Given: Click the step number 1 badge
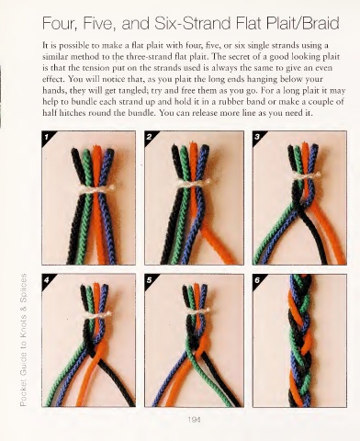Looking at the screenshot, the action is pyautogui.click(x=47, y=136).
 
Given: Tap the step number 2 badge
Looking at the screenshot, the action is pyautogui.click(x=150, y=136).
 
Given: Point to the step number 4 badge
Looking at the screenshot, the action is pyautogui.click(x=47, y=279).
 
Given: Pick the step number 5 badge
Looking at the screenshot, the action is pyautogui.click(x=150, y=279).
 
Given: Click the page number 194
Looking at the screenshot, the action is pyautogui.click(x=195, y=420).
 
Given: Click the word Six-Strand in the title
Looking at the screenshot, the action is pyautogui.click(x=192, y=23).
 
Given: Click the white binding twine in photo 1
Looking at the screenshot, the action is pyautogui.click(x=96, y=189).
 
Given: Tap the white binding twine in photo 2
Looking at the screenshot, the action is pyautogui.click(x=194, y=183).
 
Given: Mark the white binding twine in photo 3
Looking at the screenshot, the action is pyautogui.click(x=306, y=175).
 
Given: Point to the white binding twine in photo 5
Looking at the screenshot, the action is pyautogui.click(x=197, y=311).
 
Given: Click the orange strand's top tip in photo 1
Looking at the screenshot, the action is pyautogui.click(x=97, y=146).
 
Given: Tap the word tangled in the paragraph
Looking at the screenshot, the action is pyautogui.click(x=131, y=91).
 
